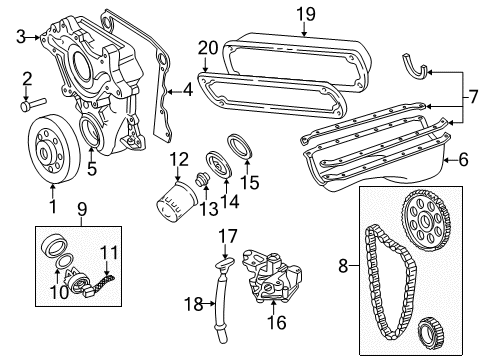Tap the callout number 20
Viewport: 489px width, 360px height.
[x=207, y=47]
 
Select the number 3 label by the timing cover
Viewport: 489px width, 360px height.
[x=20, y=38]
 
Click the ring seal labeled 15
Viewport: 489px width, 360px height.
[x=242, y=145]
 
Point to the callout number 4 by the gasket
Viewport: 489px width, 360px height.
[x=187, y=89]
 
